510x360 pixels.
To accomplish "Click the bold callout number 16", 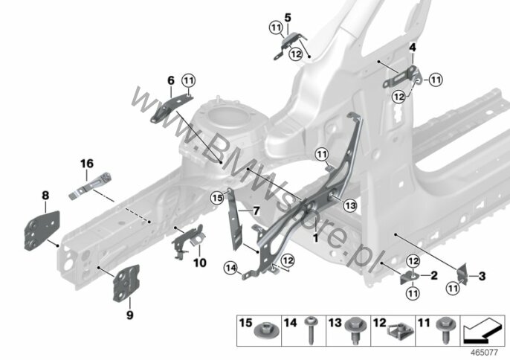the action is (87, 164).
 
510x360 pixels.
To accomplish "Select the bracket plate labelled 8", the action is (42, 231).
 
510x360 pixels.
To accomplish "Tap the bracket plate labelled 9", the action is (126, 283).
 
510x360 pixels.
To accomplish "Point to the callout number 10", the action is (200, 263).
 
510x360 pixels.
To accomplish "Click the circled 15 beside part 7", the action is (217, 197).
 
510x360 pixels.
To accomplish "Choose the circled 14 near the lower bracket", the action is (230, 269).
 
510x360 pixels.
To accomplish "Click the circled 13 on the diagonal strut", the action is (350, 205).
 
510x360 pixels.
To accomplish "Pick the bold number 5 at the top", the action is (288, 18).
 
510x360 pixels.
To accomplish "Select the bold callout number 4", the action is (413, 48).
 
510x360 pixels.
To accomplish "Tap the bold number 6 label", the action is (171, 80).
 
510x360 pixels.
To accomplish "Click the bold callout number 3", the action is (482, 277).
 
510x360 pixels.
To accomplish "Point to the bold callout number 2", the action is (434, 276).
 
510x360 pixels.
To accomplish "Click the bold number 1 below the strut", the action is (315, 238).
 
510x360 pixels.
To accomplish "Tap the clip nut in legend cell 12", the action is (401, 332).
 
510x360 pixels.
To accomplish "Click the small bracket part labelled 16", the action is (90, 186).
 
